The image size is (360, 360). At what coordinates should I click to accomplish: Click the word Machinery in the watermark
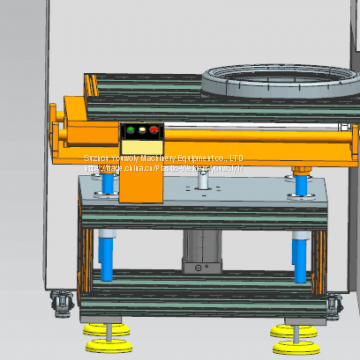click(134, 158)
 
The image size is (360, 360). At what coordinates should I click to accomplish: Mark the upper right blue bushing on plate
click(299, 185)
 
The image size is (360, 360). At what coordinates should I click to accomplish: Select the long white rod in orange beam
click(250, 127)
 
